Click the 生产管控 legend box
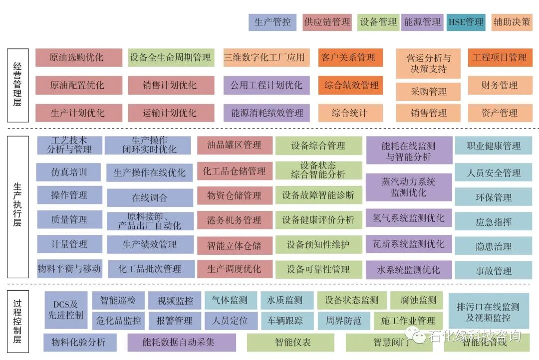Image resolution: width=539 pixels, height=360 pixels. click(x=272, y=22)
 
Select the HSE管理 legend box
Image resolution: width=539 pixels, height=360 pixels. click(x=466, y=22)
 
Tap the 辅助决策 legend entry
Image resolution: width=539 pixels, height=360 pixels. click(x=512, y=22)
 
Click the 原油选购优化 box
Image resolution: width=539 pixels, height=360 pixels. click(x=78, y=57)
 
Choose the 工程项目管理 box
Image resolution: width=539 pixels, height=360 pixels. click(x=500, y=57)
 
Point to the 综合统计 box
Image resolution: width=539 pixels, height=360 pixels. click(x=350, y=113)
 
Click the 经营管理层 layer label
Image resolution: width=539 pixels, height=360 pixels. click(x=17, y=85)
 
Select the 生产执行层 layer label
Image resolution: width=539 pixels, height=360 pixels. click(x=17, y=205)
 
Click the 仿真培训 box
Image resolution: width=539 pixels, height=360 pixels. click(x=69, y=172)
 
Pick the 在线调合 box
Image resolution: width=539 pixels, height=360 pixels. click(x=150, y=197)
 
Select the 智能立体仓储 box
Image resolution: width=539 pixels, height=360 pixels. click(x=234, y=245)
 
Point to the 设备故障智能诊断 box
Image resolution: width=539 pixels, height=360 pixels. click(x=318, y=195)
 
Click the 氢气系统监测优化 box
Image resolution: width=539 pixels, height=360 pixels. click(x=408, y=218)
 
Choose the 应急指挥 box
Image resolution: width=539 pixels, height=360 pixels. click(x=493, y=222)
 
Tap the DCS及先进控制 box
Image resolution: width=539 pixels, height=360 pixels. click(x=65, y=310)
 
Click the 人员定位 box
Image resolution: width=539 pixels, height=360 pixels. click(x=230, y=321)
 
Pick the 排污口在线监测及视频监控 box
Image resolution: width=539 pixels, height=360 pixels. click(x=488, y=312)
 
